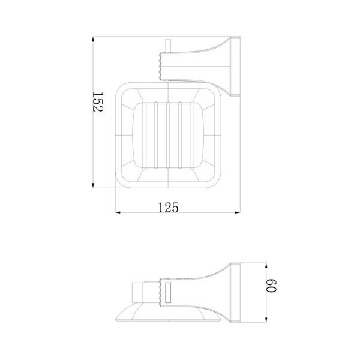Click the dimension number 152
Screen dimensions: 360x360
(98, 102)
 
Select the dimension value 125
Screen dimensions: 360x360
(168, 208)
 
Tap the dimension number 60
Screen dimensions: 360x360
(271, 286)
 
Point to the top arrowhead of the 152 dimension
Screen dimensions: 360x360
(93, 40)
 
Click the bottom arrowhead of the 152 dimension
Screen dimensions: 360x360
(93, 185)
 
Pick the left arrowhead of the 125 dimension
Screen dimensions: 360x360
(118, 213)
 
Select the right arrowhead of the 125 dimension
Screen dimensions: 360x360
(238, 213)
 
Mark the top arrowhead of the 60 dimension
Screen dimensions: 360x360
(266, 265)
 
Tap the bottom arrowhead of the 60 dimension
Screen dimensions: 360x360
(266, 320)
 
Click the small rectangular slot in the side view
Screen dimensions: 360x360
(168, 292)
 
